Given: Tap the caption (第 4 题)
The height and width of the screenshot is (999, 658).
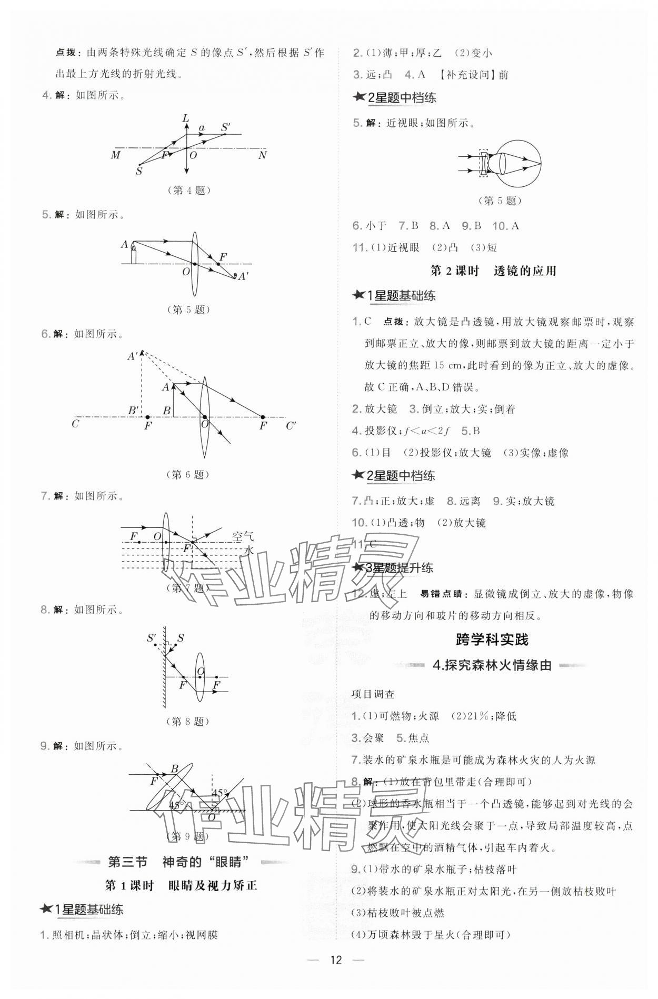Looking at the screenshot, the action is pyautogui.click(x=188, y=190).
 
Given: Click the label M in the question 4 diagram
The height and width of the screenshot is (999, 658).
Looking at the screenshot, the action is pyautogui.click(x=115, y=155).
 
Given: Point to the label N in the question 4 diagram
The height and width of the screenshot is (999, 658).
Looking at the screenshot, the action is pyautogui.click(x=262, y=155).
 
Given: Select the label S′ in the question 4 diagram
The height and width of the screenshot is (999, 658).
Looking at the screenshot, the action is pyautogui.click(x=226, y=127).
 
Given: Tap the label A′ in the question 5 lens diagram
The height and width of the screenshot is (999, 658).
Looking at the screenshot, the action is pyautogui.click(x=243, y=276).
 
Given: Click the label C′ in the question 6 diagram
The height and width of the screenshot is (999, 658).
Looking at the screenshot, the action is pyautogui.click(x=291, y=425).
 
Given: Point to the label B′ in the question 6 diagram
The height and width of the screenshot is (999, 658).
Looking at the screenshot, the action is pyautogui.click(x=133, y=410).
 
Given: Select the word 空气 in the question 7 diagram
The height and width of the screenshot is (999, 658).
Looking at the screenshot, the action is pyautogui.click(x=243, y=536).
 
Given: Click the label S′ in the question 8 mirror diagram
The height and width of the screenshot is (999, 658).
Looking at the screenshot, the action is pyautogui.click(x=152, y=638).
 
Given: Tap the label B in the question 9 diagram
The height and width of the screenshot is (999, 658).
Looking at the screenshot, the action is pyautogui.click(x=175, y=768).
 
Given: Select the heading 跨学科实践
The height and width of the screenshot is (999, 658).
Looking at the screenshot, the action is pyautogui.click(x=492, y=640).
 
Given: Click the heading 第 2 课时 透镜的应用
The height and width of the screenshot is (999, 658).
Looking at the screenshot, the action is pyautogui.click(x=493, y=271).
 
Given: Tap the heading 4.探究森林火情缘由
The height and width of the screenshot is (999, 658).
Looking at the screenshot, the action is pyautogui.click(x=492, y=665).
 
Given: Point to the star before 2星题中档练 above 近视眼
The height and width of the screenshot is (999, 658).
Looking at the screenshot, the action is pyautogui.click(x=360, y=97).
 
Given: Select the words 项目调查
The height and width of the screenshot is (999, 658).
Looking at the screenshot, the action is pyautogui.click(x=373, y=694).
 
